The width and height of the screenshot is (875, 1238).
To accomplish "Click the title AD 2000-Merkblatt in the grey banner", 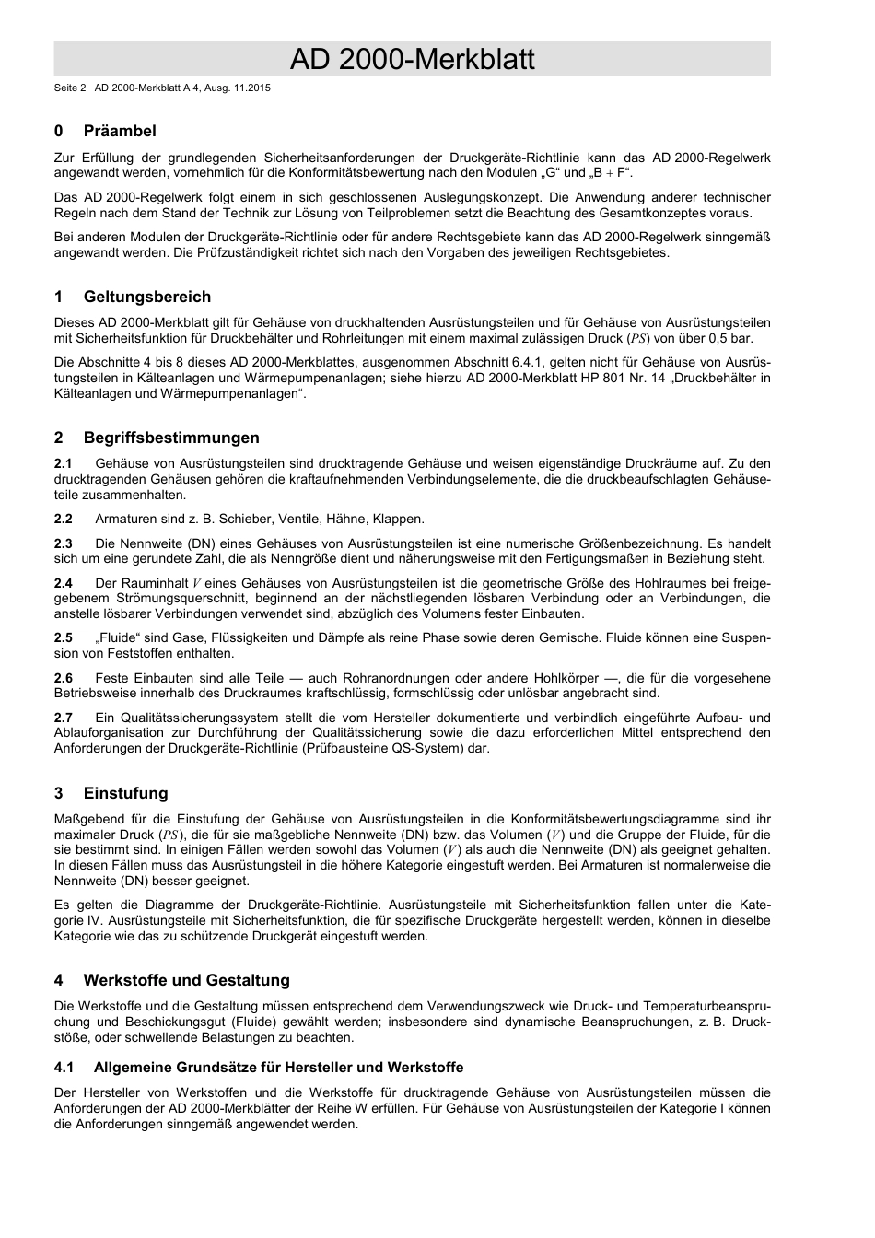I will coord(412,60).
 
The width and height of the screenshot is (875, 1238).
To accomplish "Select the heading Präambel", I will coord(120,131).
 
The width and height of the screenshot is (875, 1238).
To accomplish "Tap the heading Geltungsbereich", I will coord(146,297).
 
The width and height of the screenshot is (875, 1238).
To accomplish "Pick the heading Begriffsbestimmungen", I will coord(171,438).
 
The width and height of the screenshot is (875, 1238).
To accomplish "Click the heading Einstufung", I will coord(125,793).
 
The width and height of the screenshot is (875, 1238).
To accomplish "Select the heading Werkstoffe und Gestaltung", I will coord(186,980).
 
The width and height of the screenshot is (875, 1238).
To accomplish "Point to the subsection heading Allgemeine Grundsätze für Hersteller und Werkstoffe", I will coord(278,1068).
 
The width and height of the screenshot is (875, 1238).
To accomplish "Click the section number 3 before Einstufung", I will coord(59,793).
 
